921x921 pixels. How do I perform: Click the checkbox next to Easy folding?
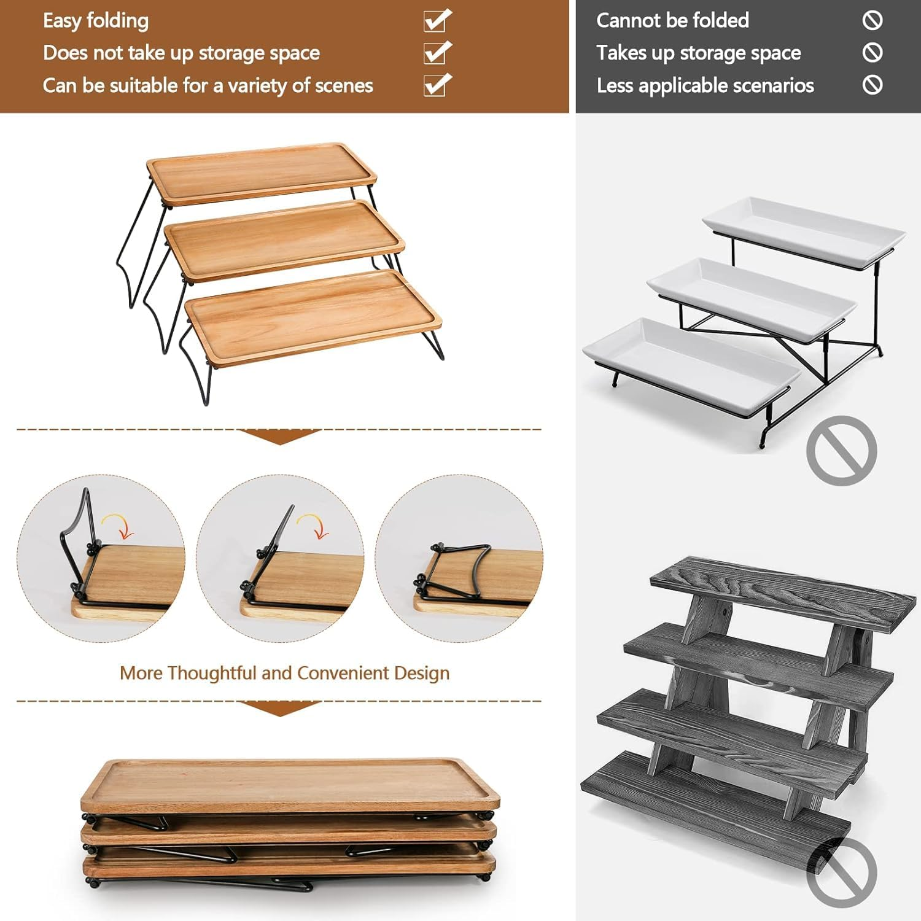coord(437,21)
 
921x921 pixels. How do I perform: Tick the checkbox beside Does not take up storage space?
coord(437,53)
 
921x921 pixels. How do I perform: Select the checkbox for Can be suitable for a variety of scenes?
coord(437,85)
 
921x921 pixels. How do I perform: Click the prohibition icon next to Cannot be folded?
coord(872,20)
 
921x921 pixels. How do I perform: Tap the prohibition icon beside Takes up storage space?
coord(872,52)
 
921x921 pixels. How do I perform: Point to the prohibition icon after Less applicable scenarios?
coord(872,84)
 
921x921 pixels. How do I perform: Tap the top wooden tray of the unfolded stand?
coord(262,174)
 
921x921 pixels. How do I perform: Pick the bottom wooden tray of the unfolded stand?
coord(313,318)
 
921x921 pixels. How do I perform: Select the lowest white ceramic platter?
coord(692,364)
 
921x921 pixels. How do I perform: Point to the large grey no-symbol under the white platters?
coord(841,451)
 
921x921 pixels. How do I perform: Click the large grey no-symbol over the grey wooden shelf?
coord(841,872)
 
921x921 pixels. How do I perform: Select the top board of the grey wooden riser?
coord(782,593)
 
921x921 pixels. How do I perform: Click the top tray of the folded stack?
coord(290,785)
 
